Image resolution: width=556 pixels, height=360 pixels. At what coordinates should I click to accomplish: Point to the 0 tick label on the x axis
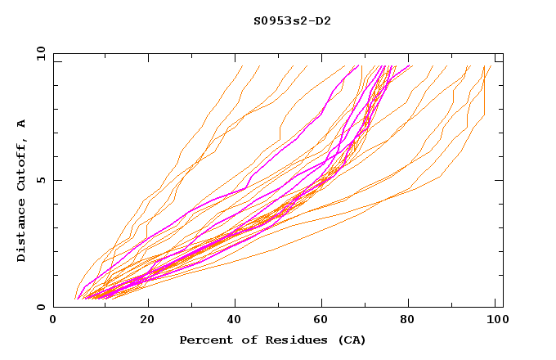53,321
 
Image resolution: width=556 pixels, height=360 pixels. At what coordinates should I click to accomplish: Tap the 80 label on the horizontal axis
407,321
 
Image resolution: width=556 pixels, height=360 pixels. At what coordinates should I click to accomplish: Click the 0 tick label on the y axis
41,308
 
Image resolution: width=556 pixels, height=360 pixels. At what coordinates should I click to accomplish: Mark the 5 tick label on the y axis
41,180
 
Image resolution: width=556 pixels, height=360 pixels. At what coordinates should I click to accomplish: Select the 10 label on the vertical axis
38,53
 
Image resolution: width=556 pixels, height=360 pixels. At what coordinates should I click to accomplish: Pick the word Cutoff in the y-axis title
22,164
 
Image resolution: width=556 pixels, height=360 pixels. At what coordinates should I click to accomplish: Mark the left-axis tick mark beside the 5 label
56,180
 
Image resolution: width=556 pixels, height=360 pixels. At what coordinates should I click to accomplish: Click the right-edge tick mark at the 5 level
500,180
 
